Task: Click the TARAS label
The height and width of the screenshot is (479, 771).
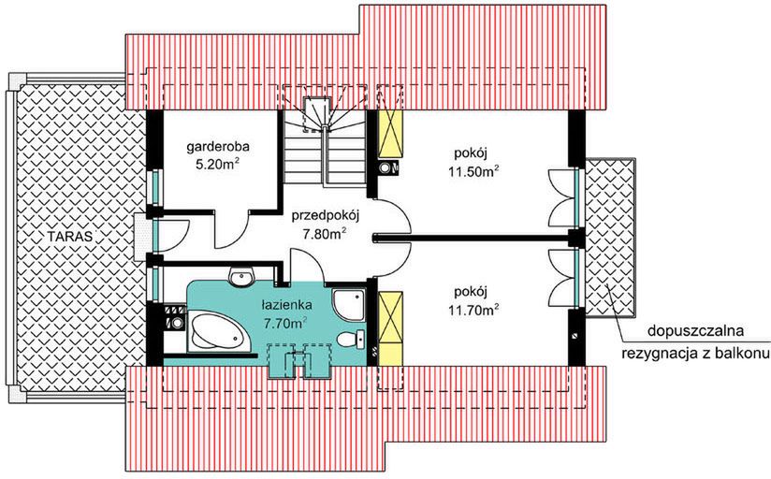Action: [x=71, y=237]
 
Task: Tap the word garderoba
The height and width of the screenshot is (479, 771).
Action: [x=217, y=147]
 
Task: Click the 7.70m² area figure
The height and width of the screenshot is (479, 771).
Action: [x=285, y=324]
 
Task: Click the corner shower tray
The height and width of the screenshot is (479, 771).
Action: [x=351, y=301]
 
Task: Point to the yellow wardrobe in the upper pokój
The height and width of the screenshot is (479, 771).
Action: [x=390, y=132]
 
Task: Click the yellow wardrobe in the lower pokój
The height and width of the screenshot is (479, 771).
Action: [x=390, y=323]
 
